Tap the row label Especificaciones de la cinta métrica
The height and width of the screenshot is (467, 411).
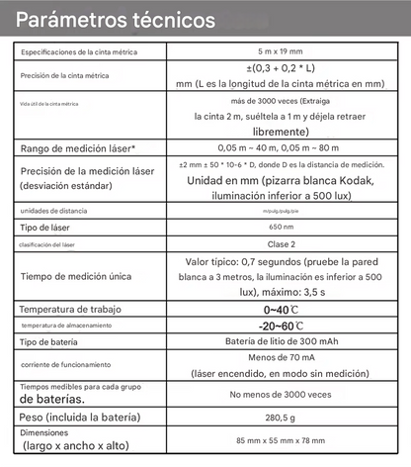(79, 50)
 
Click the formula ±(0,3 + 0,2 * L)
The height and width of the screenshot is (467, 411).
(285, 68)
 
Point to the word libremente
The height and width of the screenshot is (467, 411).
(285, 131)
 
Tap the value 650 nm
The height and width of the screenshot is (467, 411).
(285, 228)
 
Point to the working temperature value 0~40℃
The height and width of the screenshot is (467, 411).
(285, 309)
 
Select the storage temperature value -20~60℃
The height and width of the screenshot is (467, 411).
(285, 326)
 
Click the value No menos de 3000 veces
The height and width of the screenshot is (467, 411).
(285, 395)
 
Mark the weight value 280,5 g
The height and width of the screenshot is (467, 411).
(285, 418)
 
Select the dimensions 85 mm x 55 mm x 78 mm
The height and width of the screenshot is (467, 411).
(285, 439)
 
